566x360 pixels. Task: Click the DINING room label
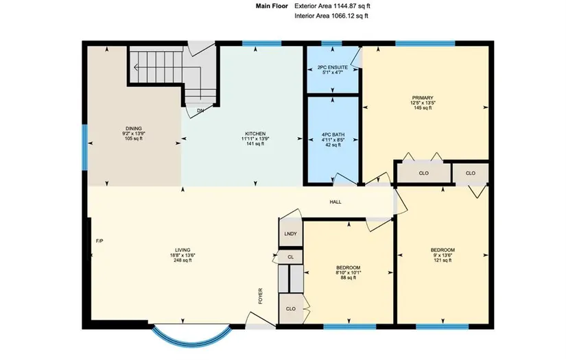[134, 128]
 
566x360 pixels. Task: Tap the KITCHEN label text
[255, 134]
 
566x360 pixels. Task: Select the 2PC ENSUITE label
[333, 67]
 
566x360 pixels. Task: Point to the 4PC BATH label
[333, 135]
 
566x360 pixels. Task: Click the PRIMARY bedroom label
[423, 98]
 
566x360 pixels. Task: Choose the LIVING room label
[182, 250]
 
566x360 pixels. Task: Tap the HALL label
[335, 202]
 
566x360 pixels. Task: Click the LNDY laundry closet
[291, 232]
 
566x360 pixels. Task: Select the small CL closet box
[290, 257]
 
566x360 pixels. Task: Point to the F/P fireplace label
[99, 241]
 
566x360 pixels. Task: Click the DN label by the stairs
[200, 110]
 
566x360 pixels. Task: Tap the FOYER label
[260, 296]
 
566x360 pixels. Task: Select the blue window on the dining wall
[85, 147]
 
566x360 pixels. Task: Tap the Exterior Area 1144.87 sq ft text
[333, 5]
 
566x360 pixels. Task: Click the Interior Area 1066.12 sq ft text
[331, 16]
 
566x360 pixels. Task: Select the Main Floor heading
[272, 5]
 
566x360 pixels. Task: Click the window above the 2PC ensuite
[331, 44]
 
